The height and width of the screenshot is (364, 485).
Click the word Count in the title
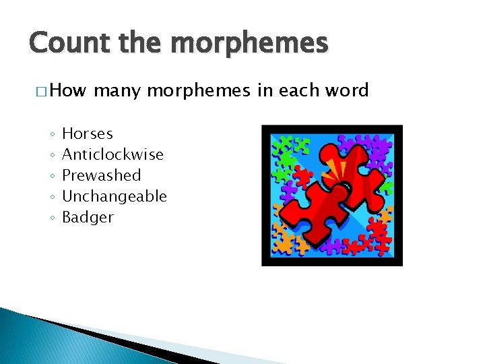coord(61,43)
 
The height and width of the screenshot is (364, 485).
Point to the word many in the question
coord(117,90)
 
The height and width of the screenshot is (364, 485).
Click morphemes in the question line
coord(199,90)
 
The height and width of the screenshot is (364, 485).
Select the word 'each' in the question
coord(297,90)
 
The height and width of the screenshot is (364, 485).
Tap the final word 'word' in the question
coord(348,90)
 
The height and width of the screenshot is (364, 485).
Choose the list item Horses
coord(88,134)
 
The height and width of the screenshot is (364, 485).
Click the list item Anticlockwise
coord(112,155)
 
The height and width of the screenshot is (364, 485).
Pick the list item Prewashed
coord(102,176)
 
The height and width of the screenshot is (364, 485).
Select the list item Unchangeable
coord(115,197)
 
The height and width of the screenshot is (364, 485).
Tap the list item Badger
coord(88,218)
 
